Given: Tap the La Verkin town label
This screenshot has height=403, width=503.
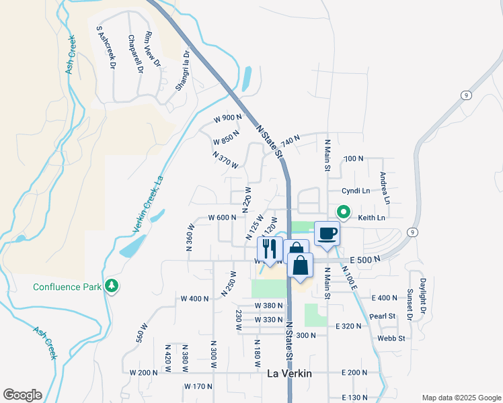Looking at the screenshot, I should pos(290,374).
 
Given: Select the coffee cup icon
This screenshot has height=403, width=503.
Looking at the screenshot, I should pos(327,233).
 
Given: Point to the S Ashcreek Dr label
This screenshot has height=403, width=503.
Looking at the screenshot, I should pos(106,48).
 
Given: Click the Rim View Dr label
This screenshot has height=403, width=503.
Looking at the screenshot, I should pos(153,50).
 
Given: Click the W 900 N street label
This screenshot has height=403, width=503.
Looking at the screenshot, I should pos(227,118).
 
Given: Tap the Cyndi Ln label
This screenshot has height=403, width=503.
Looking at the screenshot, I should pos(356,191).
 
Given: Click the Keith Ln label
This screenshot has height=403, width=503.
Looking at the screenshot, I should pos(371,218).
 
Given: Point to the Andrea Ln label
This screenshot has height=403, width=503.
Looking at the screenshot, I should pos(384,188).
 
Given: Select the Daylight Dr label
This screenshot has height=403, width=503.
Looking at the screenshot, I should pos(423,297).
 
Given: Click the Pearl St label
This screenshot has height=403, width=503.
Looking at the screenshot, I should pos(382,315).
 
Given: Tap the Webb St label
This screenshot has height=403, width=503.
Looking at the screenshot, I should pos(391,339).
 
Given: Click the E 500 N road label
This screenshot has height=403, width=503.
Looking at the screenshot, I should pos(364,259).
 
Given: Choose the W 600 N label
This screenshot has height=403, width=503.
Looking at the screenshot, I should pos(222,218).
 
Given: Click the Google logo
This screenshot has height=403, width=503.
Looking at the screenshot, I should pos(22,395).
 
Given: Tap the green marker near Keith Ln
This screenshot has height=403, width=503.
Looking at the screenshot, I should pos(343,213).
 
